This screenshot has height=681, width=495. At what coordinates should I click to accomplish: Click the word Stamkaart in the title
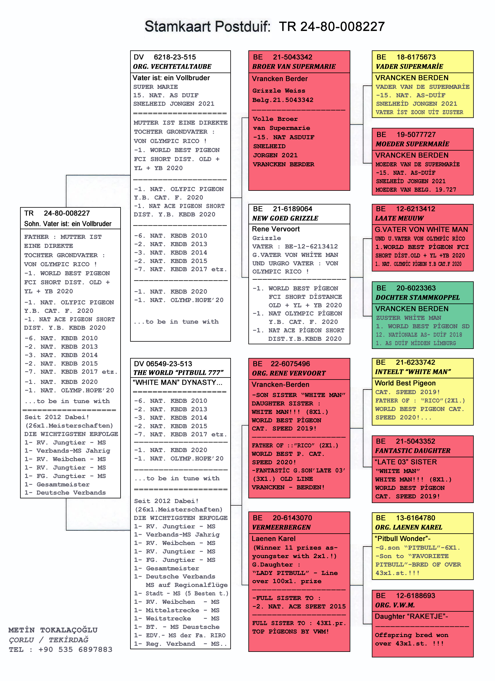(178, 27)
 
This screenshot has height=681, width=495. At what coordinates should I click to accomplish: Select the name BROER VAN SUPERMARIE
(294, 67)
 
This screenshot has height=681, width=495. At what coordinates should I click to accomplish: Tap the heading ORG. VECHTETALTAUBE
(172, 67)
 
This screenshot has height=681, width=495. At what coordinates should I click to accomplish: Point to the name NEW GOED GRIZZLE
(285, 218)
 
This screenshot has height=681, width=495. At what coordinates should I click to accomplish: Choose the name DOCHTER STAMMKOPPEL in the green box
(418, 298)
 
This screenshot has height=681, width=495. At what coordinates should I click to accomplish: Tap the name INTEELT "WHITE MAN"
(413, 372)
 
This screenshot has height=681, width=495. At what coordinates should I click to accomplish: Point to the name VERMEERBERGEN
(282, 527)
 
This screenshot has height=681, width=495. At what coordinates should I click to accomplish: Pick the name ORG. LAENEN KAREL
(409, 527)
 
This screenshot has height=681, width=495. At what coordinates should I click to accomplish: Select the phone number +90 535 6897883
(75, 650)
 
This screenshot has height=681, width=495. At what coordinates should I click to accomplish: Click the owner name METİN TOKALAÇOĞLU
(53, 630)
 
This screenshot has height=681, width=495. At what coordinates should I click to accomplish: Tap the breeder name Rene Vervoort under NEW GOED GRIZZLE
(276, 229)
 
